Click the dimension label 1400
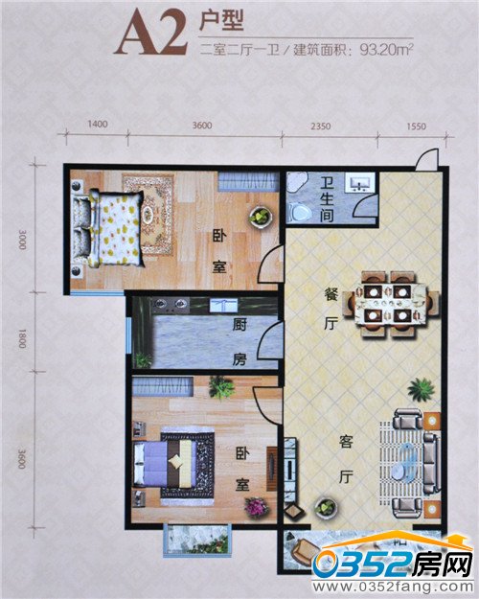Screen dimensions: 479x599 click(x=98, y=125)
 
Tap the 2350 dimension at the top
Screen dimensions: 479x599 click(x=321, y=127)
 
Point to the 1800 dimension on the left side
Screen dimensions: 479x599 click(x=22, y=338)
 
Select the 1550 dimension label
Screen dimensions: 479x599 click(x=416, y=127)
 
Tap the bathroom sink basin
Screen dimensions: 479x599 click(x=359, y=183)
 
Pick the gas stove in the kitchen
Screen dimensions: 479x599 click(x=171, y=304)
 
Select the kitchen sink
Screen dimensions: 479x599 click(x=223, y=306)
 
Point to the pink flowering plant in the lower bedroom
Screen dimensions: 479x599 click(x=257, y=507)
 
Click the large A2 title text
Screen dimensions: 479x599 click(x=150, y=34)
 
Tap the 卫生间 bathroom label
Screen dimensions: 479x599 click(x=327, y=199)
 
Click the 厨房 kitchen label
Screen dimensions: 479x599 click(x=239, y=342)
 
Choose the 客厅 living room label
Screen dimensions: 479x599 click(x=346, y=459)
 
